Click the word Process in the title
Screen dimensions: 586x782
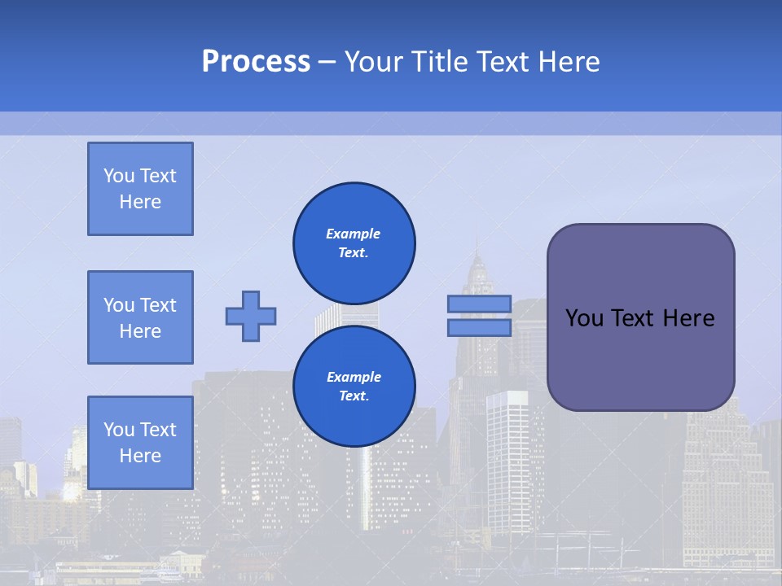[x=256, y=62]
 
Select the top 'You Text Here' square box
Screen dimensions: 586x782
[x=140, y=189]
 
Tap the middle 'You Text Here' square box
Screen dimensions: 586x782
[x=140, y=317]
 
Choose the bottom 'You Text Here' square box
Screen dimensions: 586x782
[x=140, y=442]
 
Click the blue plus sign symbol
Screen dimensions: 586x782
[x=251, y=316]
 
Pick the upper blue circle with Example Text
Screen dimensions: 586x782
[x=354, y=243]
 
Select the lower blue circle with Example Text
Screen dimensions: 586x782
[x=354, y=387]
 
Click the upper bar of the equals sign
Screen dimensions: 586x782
[x=479, y=304]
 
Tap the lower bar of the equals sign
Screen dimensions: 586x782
[x=479, y=327]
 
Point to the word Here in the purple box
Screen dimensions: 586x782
[x=688, y=318]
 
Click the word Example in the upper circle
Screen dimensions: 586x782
[x=354, y=234]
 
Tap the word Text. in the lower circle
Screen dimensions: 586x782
[x=354, y=396]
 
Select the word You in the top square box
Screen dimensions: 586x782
[x=118, y=176]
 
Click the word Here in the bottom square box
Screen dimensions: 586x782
[x=140, y=456]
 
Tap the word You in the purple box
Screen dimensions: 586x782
[x=584, y=318]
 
